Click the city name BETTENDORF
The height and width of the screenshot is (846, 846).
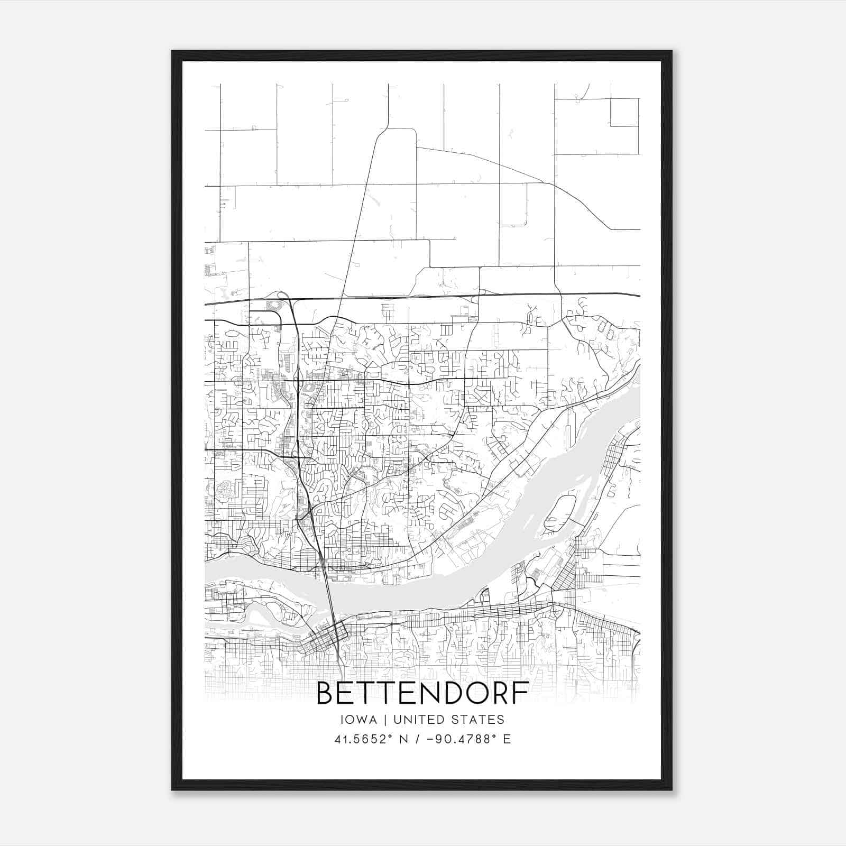[x=422, y=694]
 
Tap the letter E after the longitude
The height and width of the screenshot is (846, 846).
[x=507, y=739]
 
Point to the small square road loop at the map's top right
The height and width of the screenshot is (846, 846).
[x=624, y=112]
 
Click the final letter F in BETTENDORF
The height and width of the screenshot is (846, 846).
[x=521, y=694]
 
